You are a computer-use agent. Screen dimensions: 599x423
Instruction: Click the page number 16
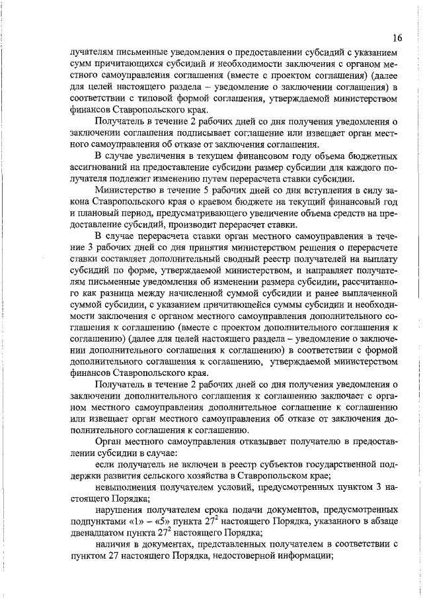click(397, 38)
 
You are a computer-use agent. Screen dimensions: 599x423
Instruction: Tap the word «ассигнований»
click(97, 167)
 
